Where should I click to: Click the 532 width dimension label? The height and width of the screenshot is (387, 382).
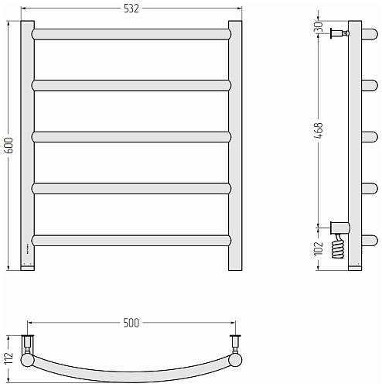(131, 9)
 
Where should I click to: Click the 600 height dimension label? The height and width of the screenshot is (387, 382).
(9, 146)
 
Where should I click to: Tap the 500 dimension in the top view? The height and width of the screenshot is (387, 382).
(131, 323)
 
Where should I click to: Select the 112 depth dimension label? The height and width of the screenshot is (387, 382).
(9, 358)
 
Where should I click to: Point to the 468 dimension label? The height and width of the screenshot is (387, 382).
(319, 131)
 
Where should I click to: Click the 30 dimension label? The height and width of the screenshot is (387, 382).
(319, 26)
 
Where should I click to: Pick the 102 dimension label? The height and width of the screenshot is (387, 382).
(319, 248)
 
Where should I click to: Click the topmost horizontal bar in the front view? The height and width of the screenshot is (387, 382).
(131, 34)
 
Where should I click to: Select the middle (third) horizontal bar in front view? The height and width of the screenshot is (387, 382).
(131, 137)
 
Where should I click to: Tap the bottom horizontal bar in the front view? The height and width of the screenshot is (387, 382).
(131, 240)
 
